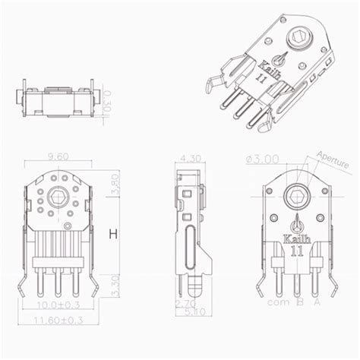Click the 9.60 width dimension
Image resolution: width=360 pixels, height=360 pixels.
[x=58, y=156]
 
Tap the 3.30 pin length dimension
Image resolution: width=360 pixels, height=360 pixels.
[x=113, y=283]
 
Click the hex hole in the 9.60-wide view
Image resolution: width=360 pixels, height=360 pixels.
[x=56, y=200]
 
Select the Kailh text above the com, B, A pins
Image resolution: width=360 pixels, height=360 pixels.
[x=296, y=237]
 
